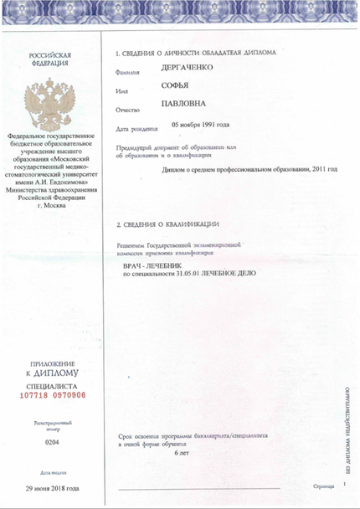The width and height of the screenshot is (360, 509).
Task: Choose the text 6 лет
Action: [182, 453]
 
